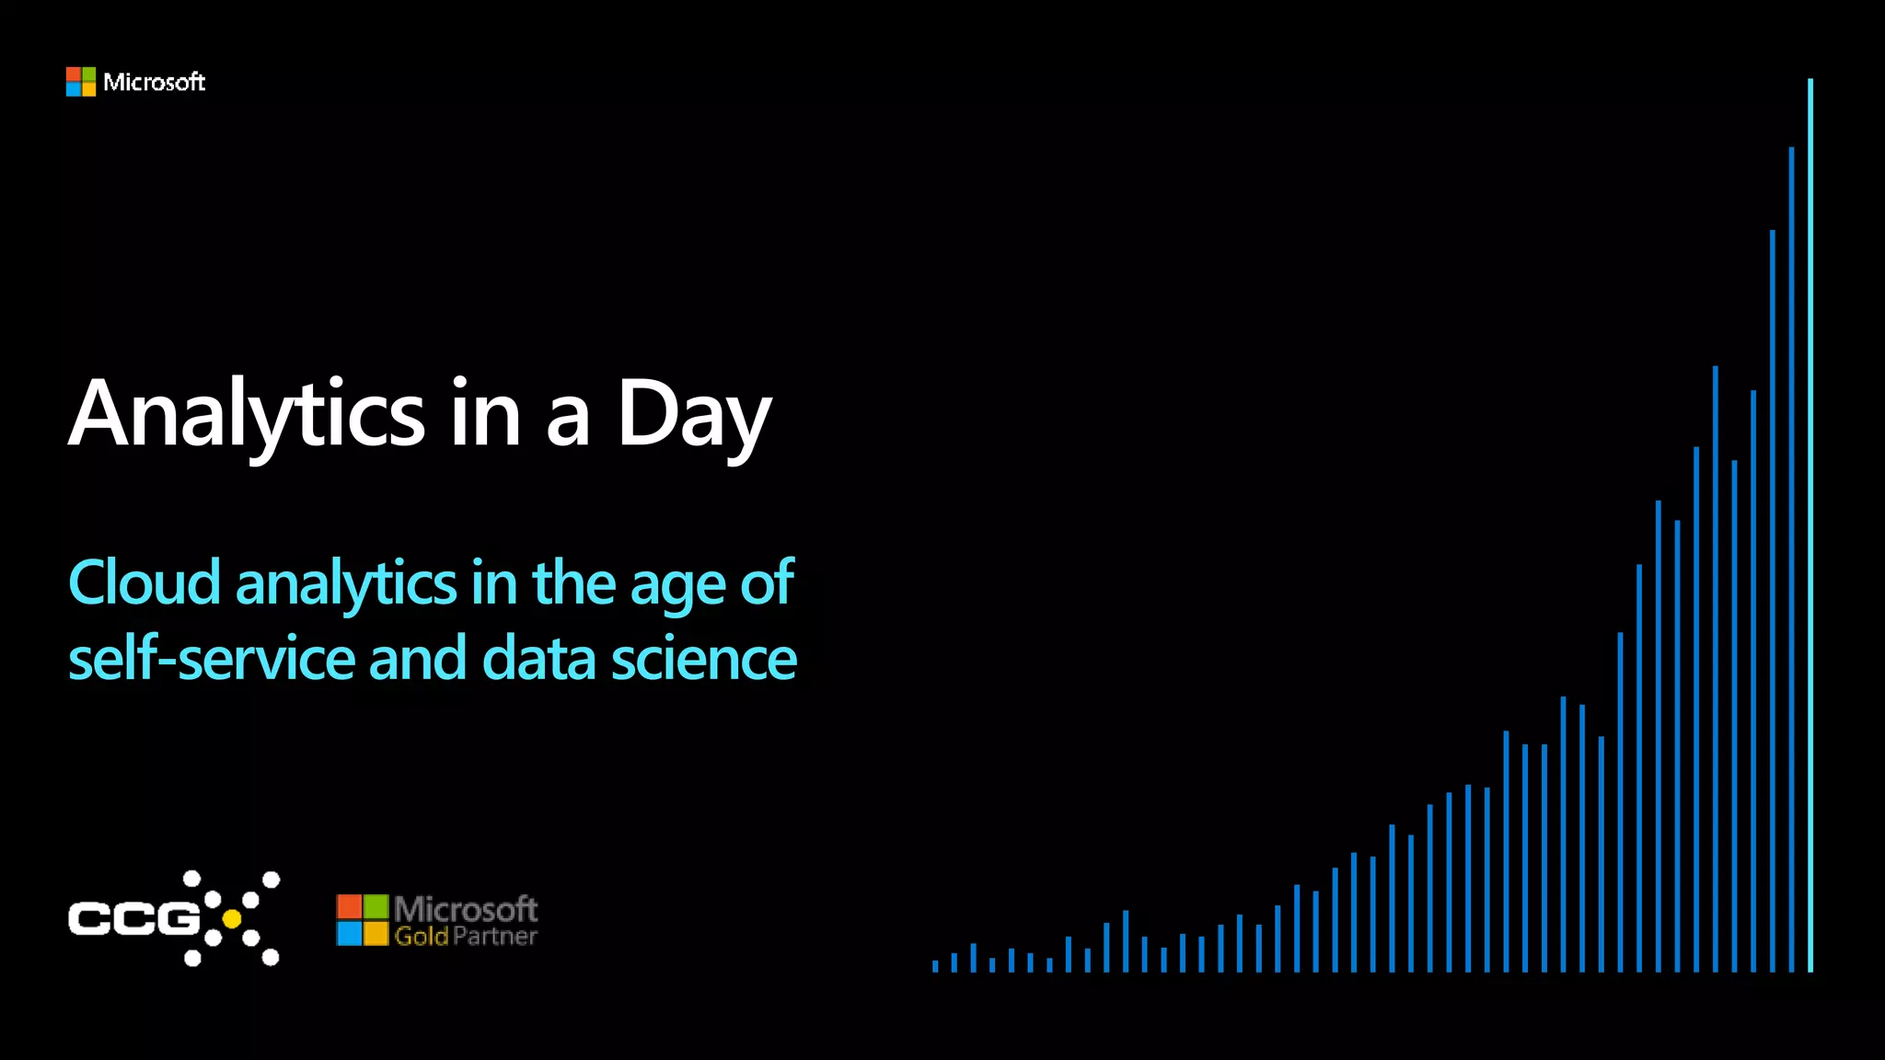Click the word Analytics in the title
[x=247, y=414]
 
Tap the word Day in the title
[x=692, y=414]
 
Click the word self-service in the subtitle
[x=212, y=659]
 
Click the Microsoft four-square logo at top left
[x=81, y=82]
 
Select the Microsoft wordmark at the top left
[x=154, y=82]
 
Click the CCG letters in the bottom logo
[x=133, y=918]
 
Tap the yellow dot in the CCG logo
[x=232, y=918]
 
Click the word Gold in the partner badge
[x=421, y=937]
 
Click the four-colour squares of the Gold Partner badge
[x=362, y=920]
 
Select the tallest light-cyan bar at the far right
[x=1810, y=524]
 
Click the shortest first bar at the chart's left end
[x=935, y=966]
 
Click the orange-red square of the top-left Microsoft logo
[x=74, y=75]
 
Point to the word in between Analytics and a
[x=485, y=414]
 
